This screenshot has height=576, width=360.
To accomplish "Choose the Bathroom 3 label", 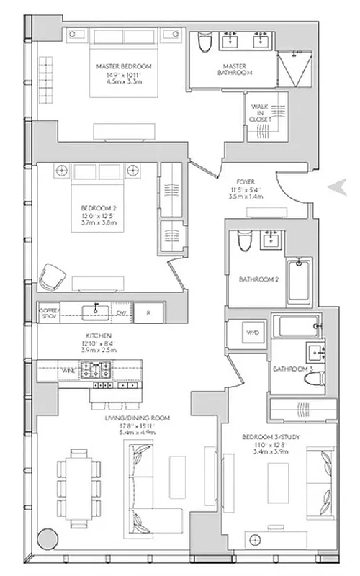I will point(292,369).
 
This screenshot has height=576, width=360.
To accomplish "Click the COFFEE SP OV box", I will point(47,312).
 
